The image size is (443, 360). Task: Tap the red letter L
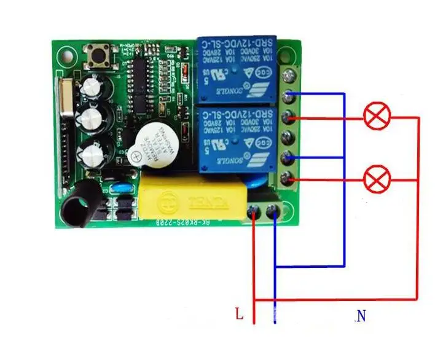pyautogui.click(x=239, y=315)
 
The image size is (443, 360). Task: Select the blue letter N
pyautogui.click(x=361, y=316)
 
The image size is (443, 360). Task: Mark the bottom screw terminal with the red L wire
pyautogui.click(x=254, y=212)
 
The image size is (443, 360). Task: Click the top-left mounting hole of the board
pyautogui.click(x=63, y=57)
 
